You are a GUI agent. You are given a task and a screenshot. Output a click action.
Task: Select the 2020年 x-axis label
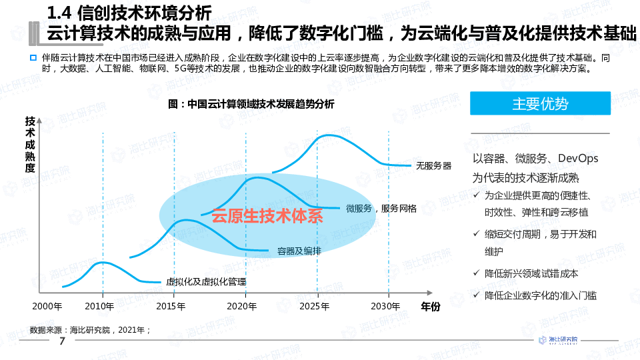(x=241, y=307)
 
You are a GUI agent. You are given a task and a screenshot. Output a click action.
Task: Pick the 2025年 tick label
(x=315, y=307)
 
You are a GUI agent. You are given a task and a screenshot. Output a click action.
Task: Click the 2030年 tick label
(x=385, y=307)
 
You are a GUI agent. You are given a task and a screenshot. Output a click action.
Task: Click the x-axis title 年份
(x=430, y=307)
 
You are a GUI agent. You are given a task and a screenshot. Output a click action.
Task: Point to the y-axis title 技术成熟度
(x=30, y=145)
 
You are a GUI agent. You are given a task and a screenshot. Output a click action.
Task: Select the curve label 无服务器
(x=433, y=165)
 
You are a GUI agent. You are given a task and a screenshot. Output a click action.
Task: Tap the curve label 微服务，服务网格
(x=381, y=209)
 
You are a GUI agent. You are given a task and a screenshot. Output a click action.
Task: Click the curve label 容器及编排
(x=299, y=251)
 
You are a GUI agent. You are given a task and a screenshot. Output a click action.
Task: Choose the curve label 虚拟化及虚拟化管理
(x=206, y=282)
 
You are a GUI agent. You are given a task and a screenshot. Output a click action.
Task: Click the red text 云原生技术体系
(x=267, y=216)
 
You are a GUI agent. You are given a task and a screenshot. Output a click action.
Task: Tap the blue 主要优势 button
(x=540, y=104)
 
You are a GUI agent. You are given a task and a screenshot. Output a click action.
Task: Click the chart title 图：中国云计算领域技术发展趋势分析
(x=252, y=104)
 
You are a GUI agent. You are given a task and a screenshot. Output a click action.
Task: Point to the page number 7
(x=62, y=342)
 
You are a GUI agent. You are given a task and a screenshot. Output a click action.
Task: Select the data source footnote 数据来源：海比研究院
(x=91, y=329)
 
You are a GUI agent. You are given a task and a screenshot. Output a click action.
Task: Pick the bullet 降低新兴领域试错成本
(x=531, y=273)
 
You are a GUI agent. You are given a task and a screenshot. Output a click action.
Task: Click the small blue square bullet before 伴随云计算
(x=33, y=58)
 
